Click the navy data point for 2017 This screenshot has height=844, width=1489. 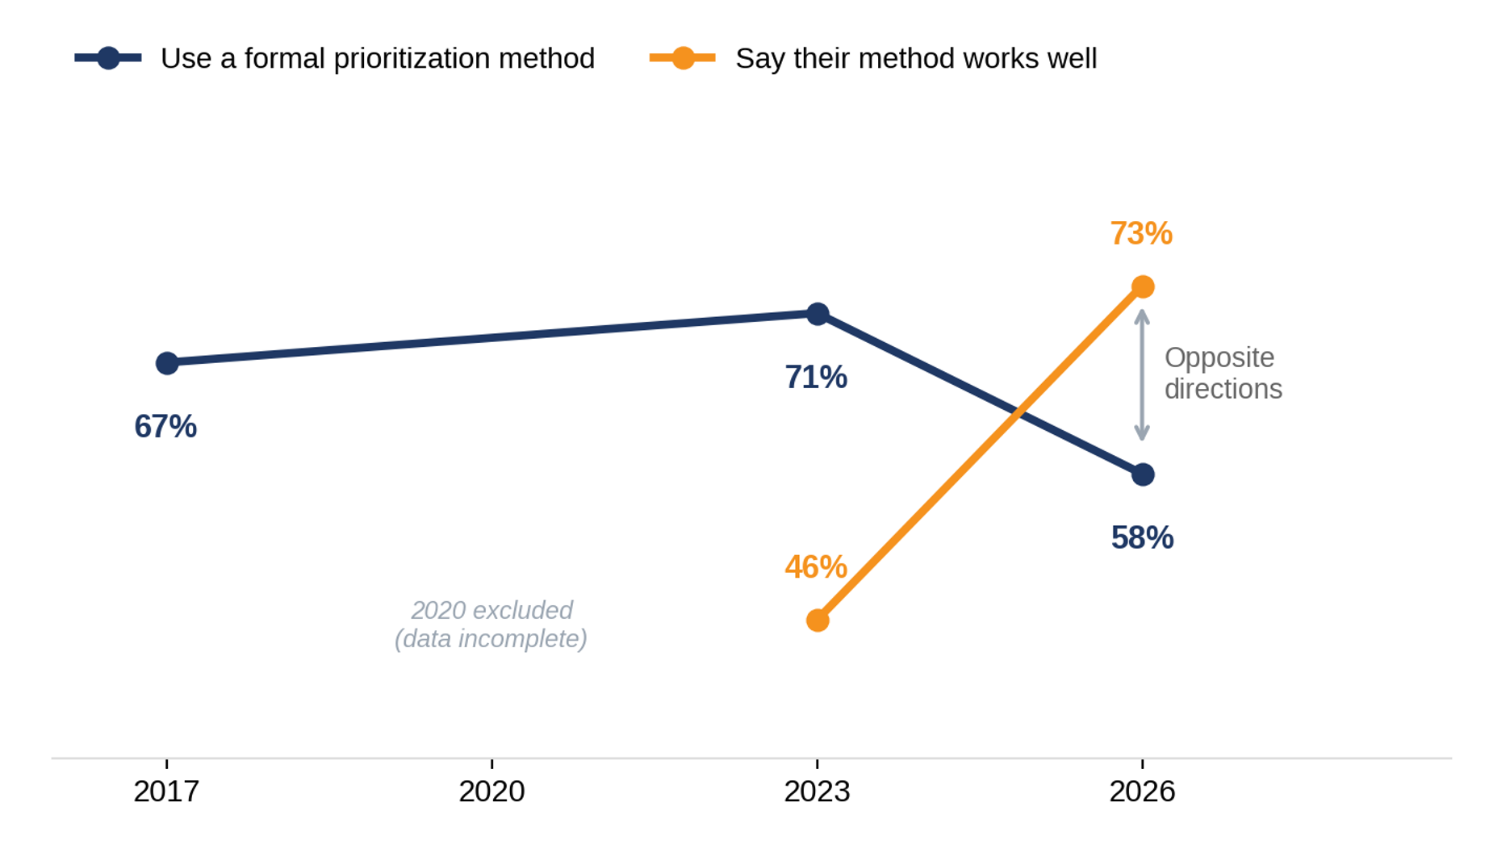click(x=167, y=363)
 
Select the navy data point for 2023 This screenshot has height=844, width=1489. click(x=818, y=314)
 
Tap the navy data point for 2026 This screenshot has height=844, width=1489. click(x=1143, y=474)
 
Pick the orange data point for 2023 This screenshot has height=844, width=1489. click(x=818, y=620)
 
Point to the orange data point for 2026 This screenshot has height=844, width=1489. click(x=1143, y=286)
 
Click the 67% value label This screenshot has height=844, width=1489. click(x=165, y=427)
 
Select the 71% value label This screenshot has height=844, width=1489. click(x=816, y=378)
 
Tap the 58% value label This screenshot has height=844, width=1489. click(x=1142, y=538)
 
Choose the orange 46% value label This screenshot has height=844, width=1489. click(x=816, y=567)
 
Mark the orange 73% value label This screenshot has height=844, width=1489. click(x=1141, y=234)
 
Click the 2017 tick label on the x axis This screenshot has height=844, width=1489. click(x=166, y=792)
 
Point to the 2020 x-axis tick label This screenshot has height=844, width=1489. click(x=491, y=792)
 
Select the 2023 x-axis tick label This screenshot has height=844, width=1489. click(x=817, y=792)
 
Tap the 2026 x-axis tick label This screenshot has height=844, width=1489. click(x=1142, y=792)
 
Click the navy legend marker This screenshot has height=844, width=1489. click(x=108, y=58)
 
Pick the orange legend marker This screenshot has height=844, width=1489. click(x=683, y=58)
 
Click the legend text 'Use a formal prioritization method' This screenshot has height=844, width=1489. click(x=378, y=59)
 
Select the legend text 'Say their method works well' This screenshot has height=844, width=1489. click(x=916, y=59)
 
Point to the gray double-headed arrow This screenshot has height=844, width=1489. click(x=1142, y=375)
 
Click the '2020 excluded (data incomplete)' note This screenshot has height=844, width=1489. click(x=491, y=625)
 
